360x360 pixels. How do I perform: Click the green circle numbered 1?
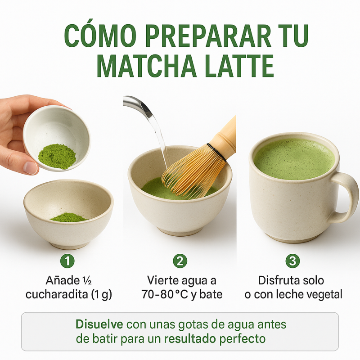[x=67, y=261]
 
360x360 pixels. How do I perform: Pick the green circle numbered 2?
[x=180, y=261]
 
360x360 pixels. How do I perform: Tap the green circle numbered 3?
[x=292, y=261]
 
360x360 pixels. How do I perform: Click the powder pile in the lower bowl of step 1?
[x=68, y=217]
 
